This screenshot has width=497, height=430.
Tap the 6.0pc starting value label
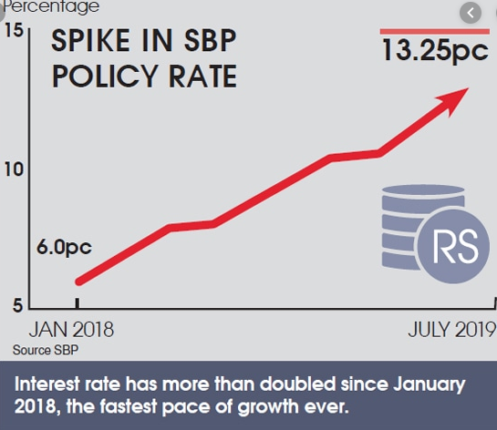[x=64, y=247]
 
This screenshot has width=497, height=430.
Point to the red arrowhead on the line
[x=459, y=96]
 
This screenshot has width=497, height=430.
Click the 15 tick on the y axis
[x=13, y=32]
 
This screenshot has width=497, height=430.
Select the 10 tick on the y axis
[x=13, y=170]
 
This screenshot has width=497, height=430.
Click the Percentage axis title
[x=50, y=7]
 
